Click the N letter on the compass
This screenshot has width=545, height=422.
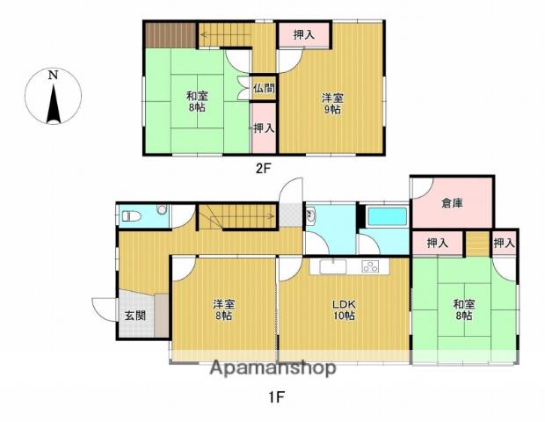53,75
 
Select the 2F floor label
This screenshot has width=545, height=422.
263,169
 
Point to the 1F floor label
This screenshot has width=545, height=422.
276,397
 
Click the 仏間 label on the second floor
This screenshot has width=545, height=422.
264,88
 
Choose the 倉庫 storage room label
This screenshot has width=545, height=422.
452,203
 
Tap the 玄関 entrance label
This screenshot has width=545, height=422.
135,316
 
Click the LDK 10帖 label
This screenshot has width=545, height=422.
344,310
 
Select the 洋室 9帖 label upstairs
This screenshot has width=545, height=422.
332,104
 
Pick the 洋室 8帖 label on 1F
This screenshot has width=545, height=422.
223,310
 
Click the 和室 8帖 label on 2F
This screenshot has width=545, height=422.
197,101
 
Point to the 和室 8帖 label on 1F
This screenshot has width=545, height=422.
464,310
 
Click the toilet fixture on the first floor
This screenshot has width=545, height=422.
132,216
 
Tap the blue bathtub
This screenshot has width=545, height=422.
388,216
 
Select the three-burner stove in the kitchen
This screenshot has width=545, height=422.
371,266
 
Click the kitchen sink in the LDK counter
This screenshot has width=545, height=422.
333,266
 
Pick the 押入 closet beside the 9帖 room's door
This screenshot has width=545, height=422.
304,34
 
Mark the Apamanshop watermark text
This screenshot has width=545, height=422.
273,368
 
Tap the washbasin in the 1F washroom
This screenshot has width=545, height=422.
310,215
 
